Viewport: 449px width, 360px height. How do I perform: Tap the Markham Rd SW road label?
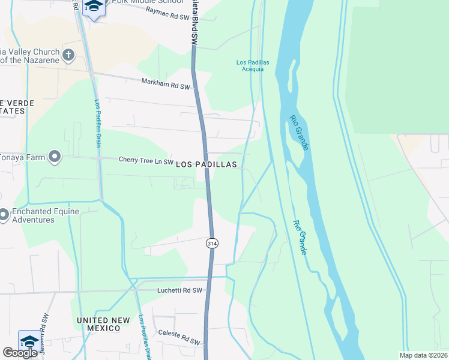tap(166, 85)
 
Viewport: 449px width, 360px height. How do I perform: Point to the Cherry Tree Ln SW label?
tap(146, 161)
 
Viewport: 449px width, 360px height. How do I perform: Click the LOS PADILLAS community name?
tap(206, 164)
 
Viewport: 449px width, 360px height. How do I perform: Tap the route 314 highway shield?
tap(212, 243)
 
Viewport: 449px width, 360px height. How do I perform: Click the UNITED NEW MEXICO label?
tap(103, 324)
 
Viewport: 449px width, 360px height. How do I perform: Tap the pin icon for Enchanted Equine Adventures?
tap(3, 214)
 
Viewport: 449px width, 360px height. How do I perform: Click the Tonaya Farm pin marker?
tap(55, 157)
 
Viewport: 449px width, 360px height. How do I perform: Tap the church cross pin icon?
tap(68, 56)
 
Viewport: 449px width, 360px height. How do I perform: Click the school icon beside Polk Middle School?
tap(94, 7)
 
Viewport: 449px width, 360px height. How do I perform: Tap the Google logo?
tap(20, 353)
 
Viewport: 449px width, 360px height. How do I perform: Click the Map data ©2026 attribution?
tap(423, 355)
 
